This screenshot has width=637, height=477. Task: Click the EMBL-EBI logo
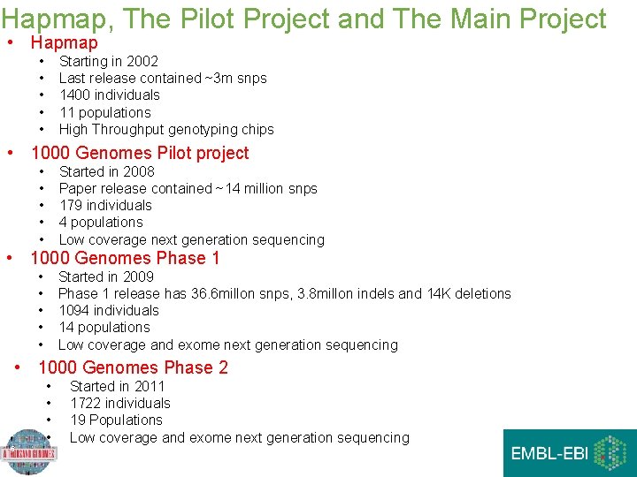(x=570, y=453)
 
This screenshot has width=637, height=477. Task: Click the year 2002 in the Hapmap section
(x=142, y=61)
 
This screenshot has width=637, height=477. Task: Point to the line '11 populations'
(x=104, y=112)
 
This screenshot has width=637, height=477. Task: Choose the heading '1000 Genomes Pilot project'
(x=140, y=153)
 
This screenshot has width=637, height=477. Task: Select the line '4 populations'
(x=100, y=222)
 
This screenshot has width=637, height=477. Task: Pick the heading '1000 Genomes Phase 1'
(x=125, y=258)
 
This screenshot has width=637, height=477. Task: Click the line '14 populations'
(x=104, y=327)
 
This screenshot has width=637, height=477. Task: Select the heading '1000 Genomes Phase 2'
(x=133, y=367)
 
